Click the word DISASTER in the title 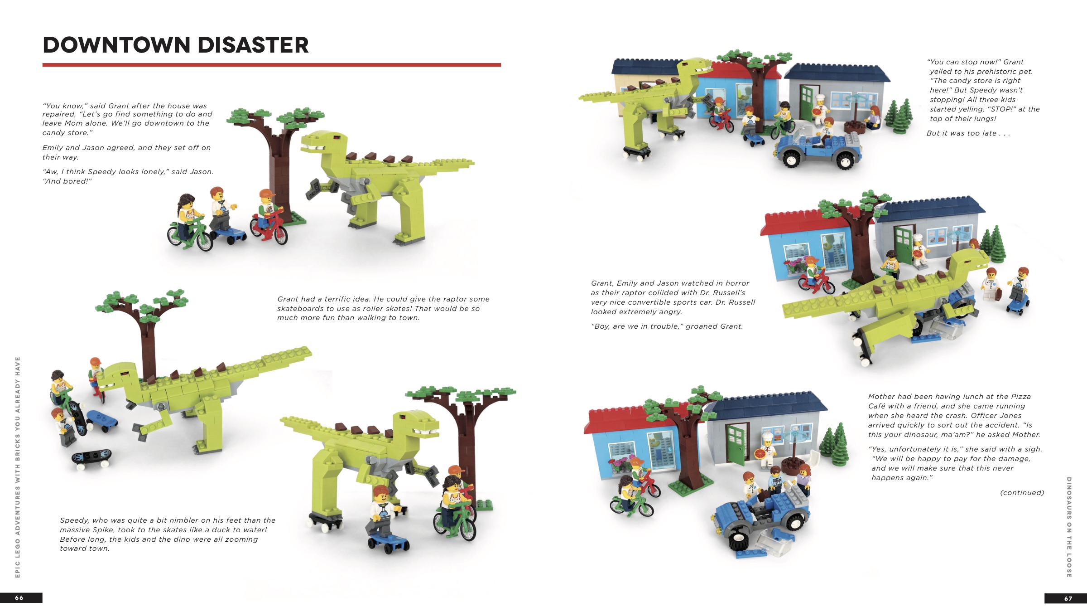pos(253,45)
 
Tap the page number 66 pos(19,597)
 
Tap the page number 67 pos(1068,598)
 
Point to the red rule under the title pos(272,65)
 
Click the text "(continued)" pos(1022,492)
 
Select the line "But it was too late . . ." pos(968,133)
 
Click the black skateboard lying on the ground pos(91,458)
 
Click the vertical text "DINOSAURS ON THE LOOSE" pos(1069,527)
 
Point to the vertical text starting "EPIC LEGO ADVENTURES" pos(18,467)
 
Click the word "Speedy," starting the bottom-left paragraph pos(76,520)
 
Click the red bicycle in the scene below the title pos(269,227)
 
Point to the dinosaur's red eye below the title pos(336,137)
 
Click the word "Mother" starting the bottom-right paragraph pos(882,397)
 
